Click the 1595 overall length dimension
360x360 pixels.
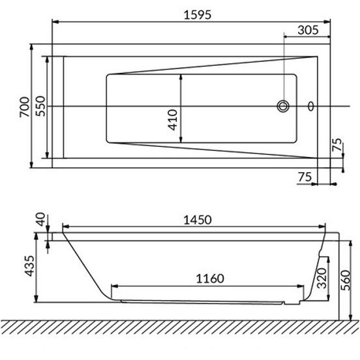pos(198,15)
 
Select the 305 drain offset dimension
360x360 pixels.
pos(308,30)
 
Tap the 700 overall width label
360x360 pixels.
pos(25,107)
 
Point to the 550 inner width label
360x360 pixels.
pos(40,106)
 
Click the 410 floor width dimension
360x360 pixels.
pos(173,119)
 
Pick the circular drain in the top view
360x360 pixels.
pos(283,106)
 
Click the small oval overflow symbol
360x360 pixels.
pos(311,106)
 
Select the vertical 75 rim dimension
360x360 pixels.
pos(337,145)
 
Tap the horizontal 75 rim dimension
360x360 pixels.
pos(305,177)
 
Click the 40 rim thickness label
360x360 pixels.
pos(40,219)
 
